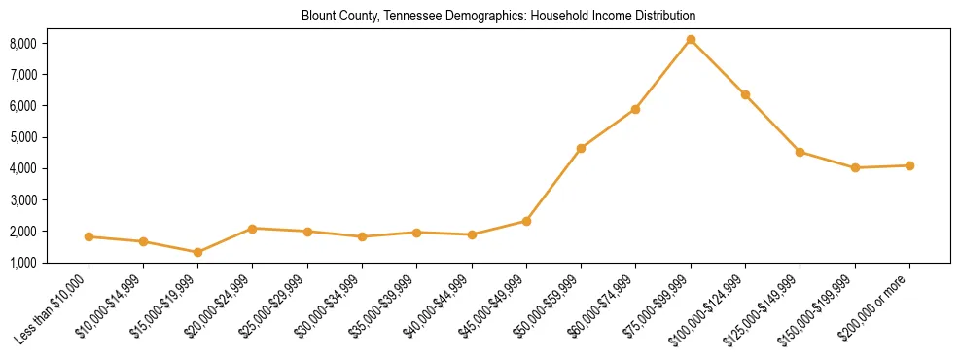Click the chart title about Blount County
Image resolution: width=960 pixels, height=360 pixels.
pos(498,17)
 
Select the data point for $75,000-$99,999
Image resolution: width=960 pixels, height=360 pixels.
pos(691,40)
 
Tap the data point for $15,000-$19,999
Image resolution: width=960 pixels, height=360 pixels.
pos(197,252)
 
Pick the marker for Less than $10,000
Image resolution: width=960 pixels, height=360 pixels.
pos(89,236)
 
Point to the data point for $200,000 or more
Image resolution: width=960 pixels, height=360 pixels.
pos(909,165)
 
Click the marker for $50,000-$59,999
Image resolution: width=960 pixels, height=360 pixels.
pos(581,148)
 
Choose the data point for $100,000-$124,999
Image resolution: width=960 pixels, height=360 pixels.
pos(745,94)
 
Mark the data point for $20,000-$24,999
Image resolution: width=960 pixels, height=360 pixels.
pos(253,229)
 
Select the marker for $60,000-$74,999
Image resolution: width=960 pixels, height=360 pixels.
pos(635,109)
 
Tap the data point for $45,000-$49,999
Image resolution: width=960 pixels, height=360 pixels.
pos(526,221)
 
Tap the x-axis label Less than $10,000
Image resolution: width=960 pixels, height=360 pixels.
pos(52,309)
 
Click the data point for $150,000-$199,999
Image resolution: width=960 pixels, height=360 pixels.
pos(855,168)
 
